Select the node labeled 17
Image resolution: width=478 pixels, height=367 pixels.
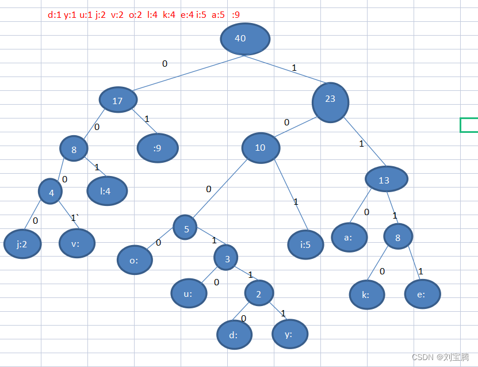[x=118, y=101]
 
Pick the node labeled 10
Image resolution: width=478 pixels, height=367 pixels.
[x=261, y=148]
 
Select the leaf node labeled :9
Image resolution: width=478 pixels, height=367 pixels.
[x=158, y=148]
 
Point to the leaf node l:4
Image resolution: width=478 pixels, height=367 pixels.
[x=106, y=191]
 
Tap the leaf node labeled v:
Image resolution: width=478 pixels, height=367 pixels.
[x=77, y=243]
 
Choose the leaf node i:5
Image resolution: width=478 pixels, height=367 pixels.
[x=306, y=244]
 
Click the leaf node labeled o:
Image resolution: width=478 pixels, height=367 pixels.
[x=135, y=260]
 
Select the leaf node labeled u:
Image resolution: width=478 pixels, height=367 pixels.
[x=189, y=293]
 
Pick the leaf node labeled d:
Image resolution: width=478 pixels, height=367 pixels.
[x=234, y=335]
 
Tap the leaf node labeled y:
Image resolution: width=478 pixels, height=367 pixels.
[x=289, y=333]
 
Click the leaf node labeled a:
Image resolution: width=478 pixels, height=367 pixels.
[x=349, y=236]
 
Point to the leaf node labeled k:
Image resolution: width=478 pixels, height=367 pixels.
[x=366, y=294]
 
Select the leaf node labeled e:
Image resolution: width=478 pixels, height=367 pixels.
[x=422, y=294]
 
